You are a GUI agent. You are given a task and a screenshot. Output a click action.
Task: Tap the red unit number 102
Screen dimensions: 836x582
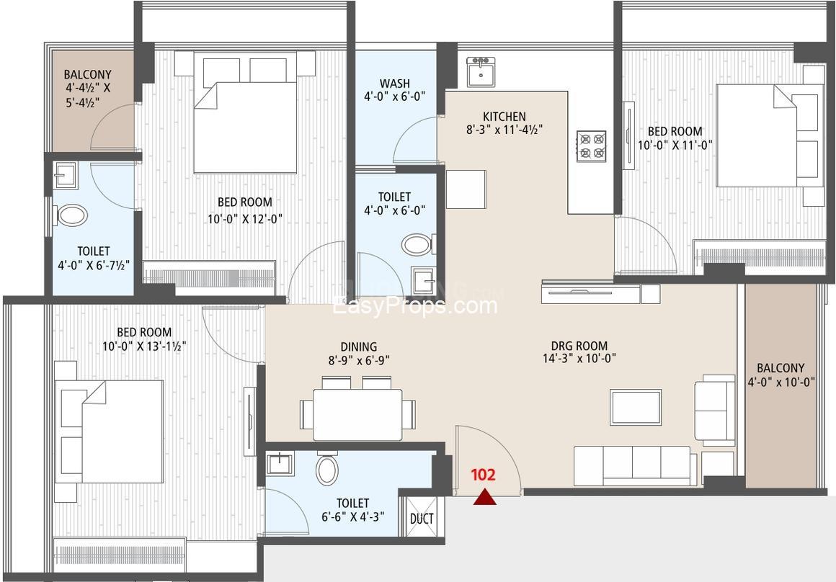(x=483, y=475)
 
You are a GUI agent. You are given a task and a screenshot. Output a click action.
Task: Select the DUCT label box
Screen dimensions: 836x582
(x=421, y=519)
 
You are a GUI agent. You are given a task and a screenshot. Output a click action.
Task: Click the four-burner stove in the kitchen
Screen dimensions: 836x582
(x=592, y=146)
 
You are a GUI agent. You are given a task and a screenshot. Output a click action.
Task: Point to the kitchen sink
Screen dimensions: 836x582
(x=481, y=71)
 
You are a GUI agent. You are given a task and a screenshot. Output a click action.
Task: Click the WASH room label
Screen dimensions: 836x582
(x=394, y=83)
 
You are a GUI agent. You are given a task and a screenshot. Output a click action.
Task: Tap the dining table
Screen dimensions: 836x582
(x=357, y=415)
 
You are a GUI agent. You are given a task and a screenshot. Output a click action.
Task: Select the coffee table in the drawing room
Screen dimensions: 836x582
(x=636, y=407)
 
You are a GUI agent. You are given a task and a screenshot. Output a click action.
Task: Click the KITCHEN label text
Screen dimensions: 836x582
(x=504, y=116)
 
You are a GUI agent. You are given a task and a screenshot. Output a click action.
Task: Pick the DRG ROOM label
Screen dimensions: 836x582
(x=579, y=345)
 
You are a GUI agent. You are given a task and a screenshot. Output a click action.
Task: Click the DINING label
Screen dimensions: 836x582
(x=359, y=347)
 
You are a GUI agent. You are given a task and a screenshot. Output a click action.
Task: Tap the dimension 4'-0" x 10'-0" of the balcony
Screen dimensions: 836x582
(x=782, y=382)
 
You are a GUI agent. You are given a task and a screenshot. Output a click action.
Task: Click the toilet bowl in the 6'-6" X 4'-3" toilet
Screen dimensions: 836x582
(x=326, y=468)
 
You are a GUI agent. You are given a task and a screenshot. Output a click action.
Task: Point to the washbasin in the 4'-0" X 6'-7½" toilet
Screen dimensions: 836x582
(x=66, y=175)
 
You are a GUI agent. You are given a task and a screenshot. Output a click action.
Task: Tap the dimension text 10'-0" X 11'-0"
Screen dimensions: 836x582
(x=675, y=145)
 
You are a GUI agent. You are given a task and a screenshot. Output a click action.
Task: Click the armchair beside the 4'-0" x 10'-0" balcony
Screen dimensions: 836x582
(x=715, y=410)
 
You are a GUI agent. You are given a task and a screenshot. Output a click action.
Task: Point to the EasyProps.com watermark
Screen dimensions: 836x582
(x=415, y=306)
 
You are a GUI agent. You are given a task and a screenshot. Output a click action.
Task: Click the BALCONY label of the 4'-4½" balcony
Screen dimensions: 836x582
(x=87, y=74)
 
